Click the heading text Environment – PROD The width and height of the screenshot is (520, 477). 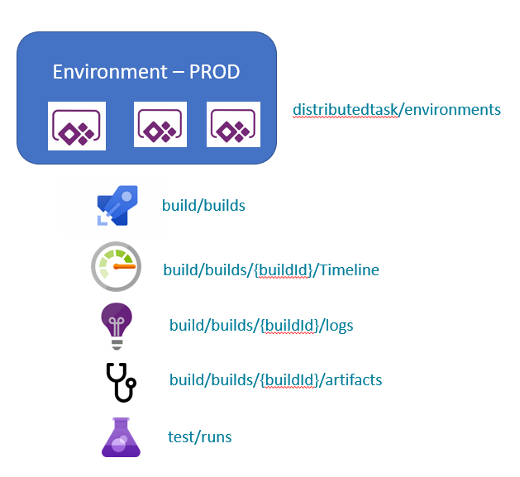(146, 71)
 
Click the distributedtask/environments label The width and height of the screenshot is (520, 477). (397, 109)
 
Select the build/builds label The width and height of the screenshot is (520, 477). (204, 204)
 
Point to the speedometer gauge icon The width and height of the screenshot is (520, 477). (116, 267)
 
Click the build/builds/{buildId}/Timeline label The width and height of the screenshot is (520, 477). (271, 270)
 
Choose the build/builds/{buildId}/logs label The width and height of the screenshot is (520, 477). (261, 325)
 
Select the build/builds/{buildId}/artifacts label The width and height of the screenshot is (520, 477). (275, 379)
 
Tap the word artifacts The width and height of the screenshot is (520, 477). (354, 379)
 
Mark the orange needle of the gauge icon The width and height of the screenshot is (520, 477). (123, 268)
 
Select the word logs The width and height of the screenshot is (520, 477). (339, 325)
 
